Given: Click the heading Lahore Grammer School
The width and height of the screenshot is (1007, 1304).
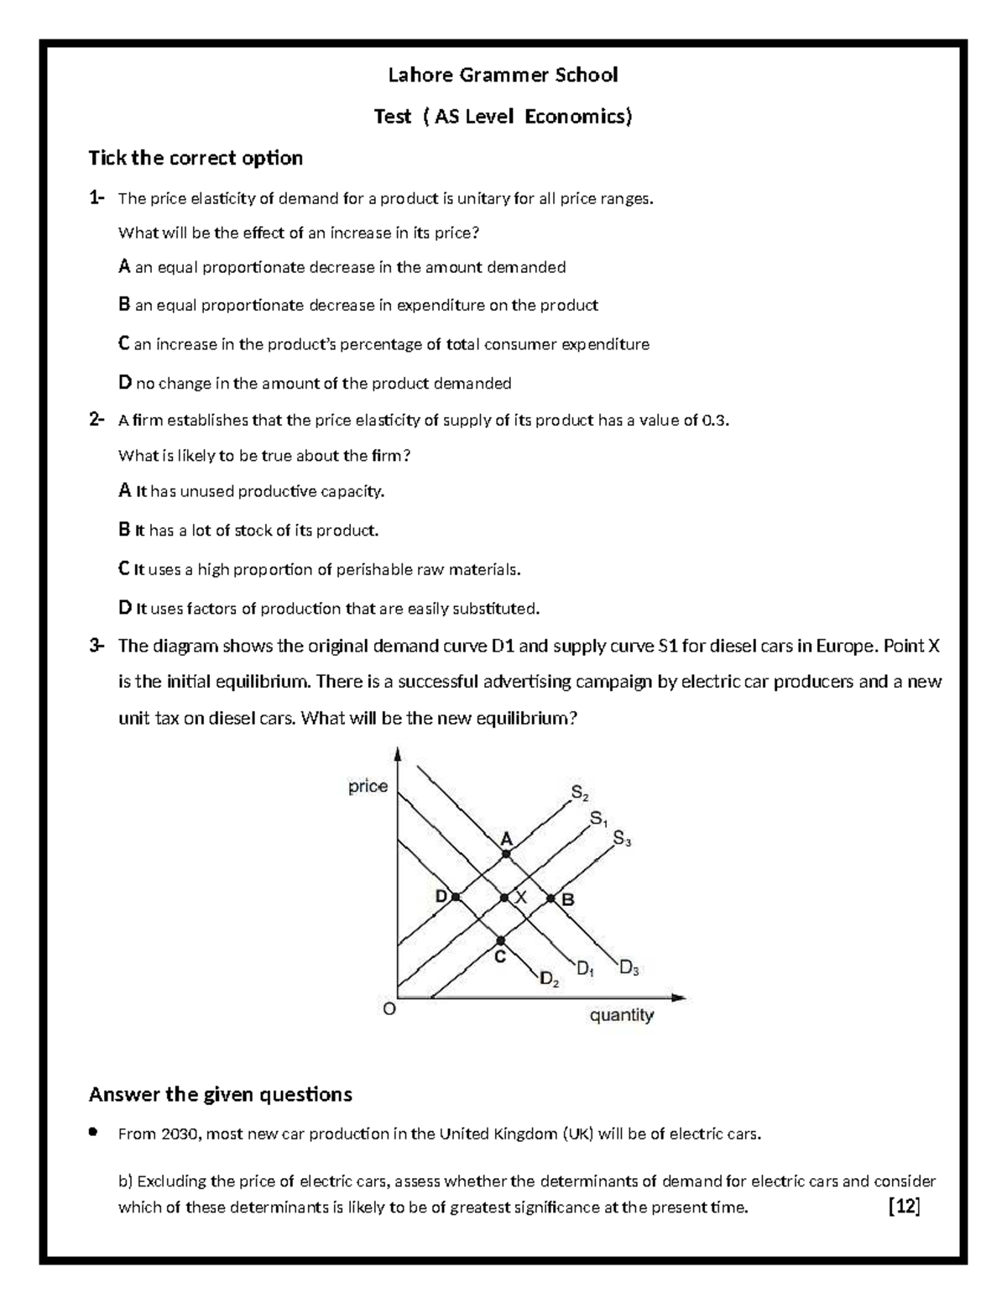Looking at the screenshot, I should point(502,76).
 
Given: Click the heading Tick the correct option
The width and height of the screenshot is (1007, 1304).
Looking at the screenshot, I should point(196,158).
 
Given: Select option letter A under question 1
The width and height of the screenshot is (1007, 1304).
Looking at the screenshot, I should point(124,267).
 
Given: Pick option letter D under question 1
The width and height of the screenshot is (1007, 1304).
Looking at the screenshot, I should point(125,384).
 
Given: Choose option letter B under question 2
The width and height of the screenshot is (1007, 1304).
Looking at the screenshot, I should point(124,530).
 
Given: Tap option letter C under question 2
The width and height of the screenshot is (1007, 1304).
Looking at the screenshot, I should point(124,569).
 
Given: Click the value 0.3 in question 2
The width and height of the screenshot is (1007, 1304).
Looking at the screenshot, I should point(715,421).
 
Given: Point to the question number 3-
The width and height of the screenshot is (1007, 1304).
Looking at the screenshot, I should point(97,646).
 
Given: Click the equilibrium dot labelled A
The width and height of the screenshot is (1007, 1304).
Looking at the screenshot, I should point(506,854).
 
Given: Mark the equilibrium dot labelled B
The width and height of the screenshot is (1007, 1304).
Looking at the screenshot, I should point(551,898).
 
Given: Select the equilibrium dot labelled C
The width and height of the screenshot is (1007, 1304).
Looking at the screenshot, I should point(501,940).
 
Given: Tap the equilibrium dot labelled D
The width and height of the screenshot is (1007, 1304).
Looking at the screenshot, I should point(456,897).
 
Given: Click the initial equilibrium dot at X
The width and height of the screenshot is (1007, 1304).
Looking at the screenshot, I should point(504,898).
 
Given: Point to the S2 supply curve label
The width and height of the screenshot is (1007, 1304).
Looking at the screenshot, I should point(580,792).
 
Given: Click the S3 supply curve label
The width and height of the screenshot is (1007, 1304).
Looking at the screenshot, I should point(622,838).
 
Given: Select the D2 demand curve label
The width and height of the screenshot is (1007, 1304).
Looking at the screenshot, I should point(550,978).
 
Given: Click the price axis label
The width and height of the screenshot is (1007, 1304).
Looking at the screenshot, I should point(368,786).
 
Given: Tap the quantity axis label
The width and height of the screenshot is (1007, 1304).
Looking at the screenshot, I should point(621,1015).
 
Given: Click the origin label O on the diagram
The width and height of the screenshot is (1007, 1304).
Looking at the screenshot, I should point(389,1010).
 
